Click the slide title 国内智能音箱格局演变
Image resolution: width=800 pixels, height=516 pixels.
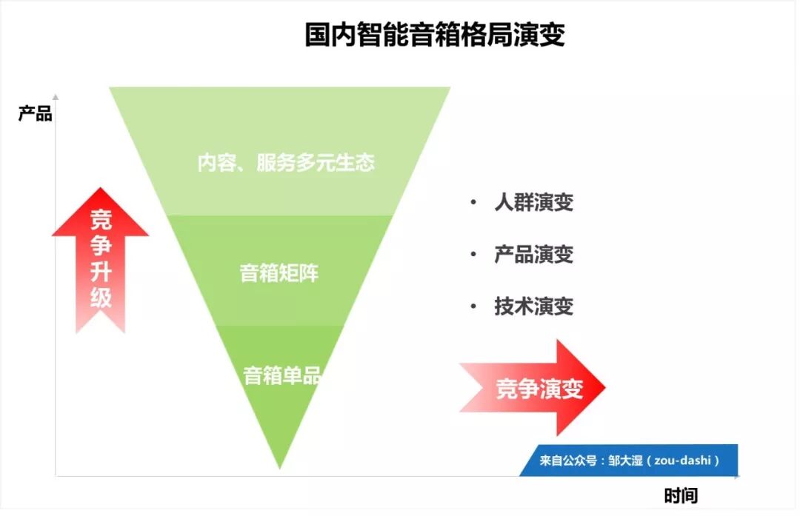(435, 35)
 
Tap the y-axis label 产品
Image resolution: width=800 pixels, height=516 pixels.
(35, 114)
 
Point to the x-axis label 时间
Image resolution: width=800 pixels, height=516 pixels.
(681, 495)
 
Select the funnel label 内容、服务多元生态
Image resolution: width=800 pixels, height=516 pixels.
(285, 163)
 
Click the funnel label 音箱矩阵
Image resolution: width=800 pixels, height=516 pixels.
(279, 272)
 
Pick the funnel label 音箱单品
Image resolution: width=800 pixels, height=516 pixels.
(281, 375)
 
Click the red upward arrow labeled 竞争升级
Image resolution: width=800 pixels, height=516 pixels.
(101, 259)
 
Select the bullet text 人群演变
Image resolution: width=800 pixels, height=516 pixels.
(533, 202)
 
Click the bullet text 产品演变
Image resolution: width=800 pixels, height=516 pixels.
(533, 254)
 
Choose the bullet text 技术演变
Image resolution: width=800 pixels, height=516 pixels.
(533, 306)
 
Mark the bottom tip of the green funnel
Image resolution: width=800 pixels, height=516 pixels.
(280, 467)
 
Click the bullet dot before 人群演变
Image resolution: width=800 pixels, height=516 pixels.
(473, 202)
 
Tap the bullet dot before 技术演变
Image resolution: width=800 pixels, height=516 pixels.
(473, 306)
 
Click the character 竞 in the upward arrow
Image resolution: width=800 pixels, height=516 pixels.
(101, 220)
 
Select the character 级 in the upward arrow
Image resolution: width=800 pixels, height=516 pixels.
(101, 298)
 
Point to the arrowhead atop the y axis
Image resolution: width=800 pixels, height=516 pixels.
(55, 97)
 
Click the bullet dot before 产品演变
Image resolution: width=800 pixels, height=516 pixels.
(473, 254)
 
